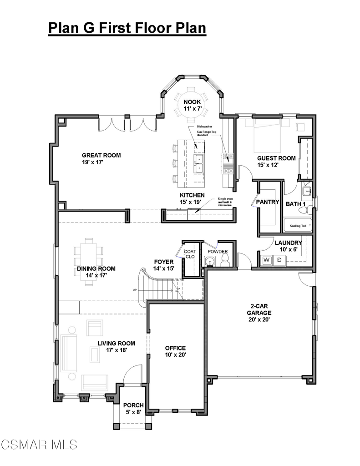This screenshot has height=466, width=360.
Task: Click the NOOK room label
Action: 192,102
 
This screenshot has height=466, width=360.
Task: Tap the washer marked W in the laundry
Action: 267,260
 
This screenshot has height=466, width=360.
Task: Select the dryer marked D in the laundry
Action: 279,260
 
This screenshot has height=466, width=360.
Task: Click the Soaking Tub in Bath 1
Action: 298,226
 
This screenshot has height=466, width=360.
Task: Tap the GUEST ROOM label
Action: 276,158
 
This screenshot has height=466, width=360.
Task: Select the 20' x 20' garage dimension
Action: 259,320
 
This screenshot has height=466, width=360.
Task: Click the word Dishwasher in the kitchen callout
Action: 204,127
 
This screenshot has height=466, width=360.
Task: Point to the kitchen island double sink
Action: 198,163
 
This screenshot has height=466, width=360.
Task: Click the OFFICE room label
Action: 175,348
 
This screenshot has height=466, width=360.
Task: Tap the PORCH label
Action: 133,405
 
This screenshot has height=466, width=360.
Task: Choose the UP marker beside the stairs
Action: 135,290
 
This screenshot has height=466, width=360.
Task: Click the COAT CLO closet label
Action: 190,254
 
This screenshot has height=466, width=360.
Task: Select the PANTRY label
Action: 268,202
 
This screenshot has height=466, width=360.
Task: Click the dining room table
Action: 89,262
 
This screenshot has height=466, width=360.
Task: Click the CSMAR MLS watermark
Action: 39,445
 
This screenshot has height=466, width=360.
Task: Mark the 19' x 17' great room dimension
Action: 92,162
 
